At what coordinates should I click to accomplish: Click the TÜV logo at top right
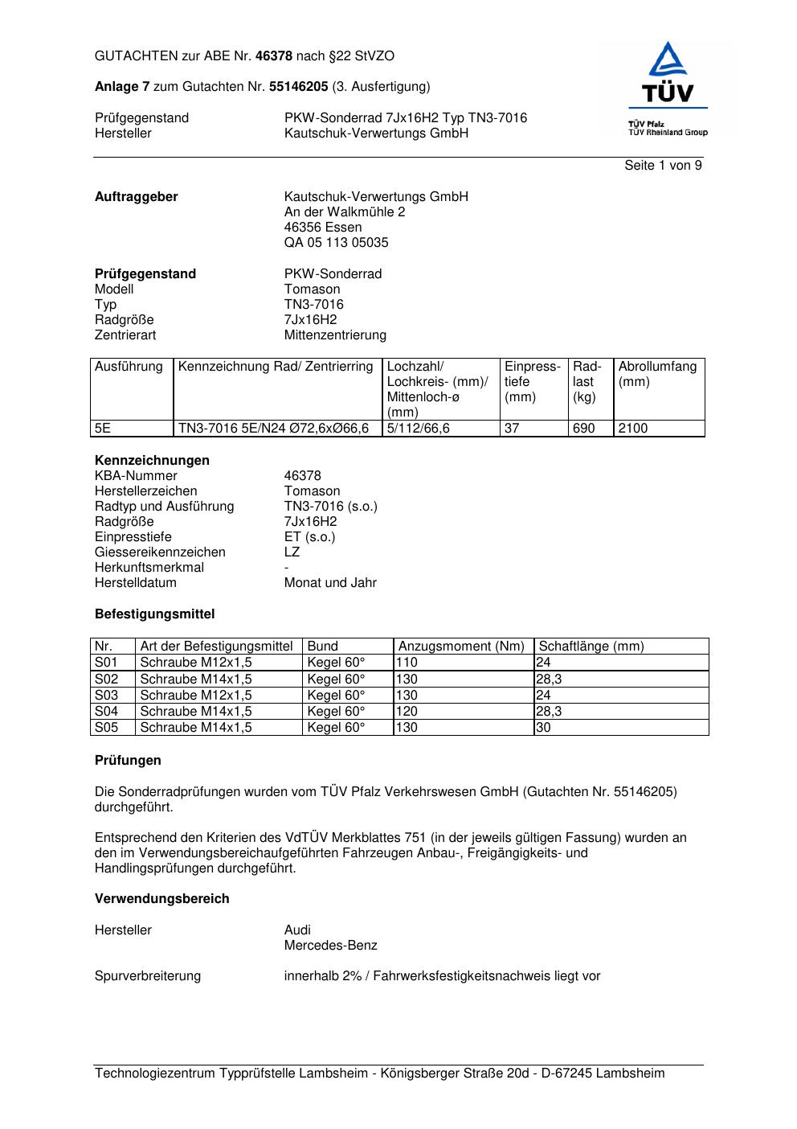coord(668,89)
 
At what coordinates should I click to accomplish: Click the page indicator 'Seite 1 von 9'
coord(663,166)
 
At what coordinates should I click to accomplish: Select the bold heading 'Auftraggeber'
coord(137,197)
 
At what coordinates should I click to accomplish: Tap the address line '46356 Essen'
coord(323,228)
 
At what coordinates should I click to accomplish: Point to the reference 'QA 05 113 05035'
coord(336,243)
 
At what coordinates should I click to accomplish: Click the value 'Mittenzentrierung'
coord(335,335)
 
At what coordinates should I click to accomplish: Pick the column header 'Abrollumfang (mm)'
coord(657,374)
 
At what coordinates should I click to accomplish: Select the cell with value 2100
coord(633,429)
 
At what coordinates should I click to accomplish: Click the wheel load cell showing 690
coord(584,429)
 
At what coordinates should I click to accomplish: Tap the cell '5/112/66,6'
coord(419,429)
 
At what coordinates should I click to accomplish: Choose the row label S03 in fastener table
coord(106,696)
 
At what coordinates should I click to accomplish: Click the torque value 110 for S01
coord(407,663)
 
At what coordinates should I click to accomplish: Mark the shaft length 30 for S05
coord(544,728)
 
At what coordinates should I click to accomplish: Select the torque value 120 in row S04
coord(407,712)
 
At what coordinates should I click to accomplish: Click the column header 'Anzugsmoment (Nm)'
coord(461,647)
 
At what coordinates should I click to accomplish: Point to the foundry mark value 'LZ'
coord(292,552)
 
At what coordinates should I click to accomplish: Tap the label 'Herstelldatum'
coord(136,583)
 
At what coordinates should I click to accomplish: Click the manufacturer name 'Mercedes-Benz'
coord(330,946)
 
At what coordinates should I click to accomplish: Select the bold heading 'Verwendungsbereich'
coord(161,899)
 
